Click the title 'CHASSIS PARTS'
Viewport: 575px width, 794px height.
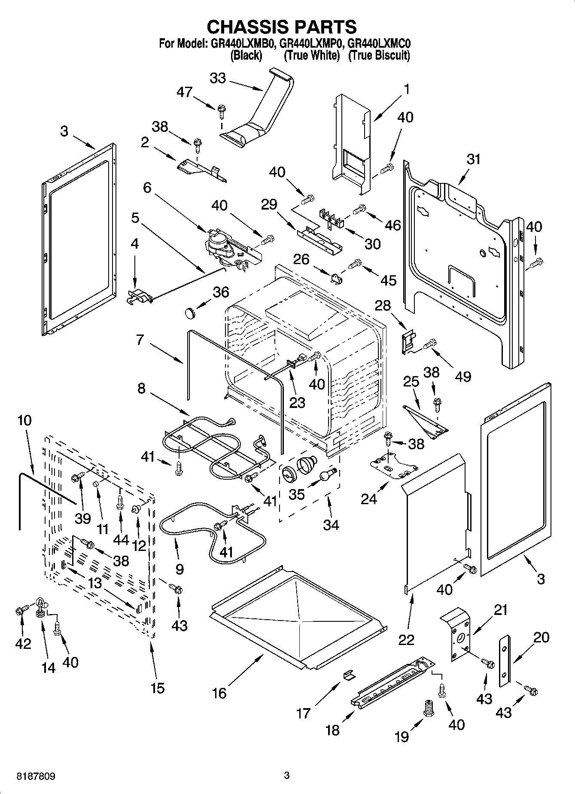[x=282, y=27]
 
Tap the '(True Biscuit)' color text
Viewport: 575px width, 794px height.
[x=379, y=55]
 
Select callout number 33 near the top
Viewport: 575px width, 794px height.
[x=218, y=79]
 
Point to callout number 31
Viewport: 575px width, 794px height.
[x=474, y=159]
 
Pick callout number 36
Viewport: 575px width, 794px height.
[x=221, y=292]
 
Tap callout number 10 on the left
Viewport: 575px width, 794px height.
[x=24, y=420]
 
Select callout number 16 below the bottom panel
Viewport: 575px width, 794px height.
[x=219, y=693]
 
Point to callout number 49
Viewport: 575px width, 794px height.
[x=463, y=376]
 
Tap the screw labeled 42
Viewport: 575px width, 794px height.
[x=20, y=611]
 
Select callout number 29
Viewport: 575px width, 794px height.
[x=270, y=204]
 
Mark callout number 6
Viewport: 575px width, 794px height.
[x=147, y=188]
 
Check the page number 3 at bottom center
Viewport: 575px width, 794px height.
[x=287, y=776]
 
